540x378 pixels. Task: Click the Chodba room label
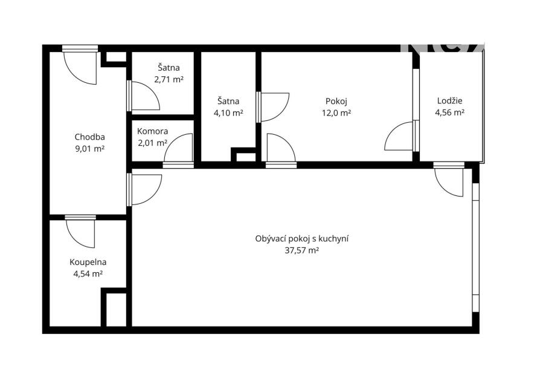coord(89,137)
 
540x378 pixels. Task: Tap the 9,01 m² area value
coord(89,149)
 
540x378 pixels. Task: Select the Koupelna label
coord(88,262)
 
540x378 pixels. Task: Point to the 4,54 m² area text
coord(88,274)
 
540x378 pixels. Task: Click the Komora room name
coord(153,131)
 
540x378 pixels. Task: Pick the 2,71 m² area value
coord(169,80)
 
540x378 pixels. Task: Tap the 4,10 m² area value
coord(228,112)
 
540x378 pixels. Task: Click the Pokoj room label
coord(336,102)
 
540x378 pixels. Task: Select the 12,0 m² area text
coord(336,112)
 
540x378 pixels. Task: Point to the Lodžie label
coord(450,101)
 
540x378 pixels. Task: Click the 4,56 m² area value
coord(450,112)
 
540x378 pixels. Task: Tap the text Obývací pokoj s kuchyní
coord(301,239)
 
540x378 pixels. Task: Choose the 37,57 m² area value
coord(301,251)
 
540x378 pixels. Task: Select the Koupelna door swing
coord(80,234)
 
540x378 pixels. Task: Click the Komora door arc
coord(178,148)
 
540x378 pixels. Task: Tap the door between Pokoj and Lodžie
coord(399,136)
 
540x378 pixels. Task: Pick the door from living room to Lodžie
coord(449,182)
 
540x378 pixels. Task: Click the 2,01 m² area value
coord(153,143)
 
